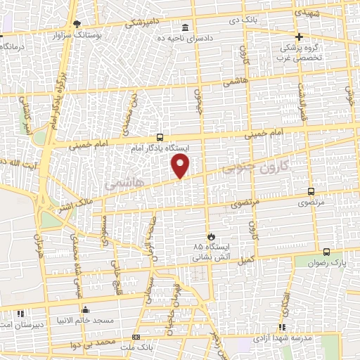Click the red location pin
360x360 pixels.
pyautogui.click(x=181, y=166)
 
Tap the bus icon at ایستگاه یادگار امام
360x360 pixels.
pyautogui.click(x=161, y=137)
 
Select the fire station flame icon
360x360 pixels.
pyautogui.click(x=209, y=236)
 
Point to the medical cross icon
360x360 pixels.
pyautogui.click(x=299, y=37)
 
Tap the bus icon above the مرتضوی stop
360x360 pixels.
pyautogui.click(x=311, y=191)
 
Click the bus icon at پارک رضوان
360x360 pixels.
pyautogui.click(x=326, y=252)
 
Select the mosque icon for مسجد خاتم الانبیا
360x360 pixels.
pyautogui.click(x=86, y=310)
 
